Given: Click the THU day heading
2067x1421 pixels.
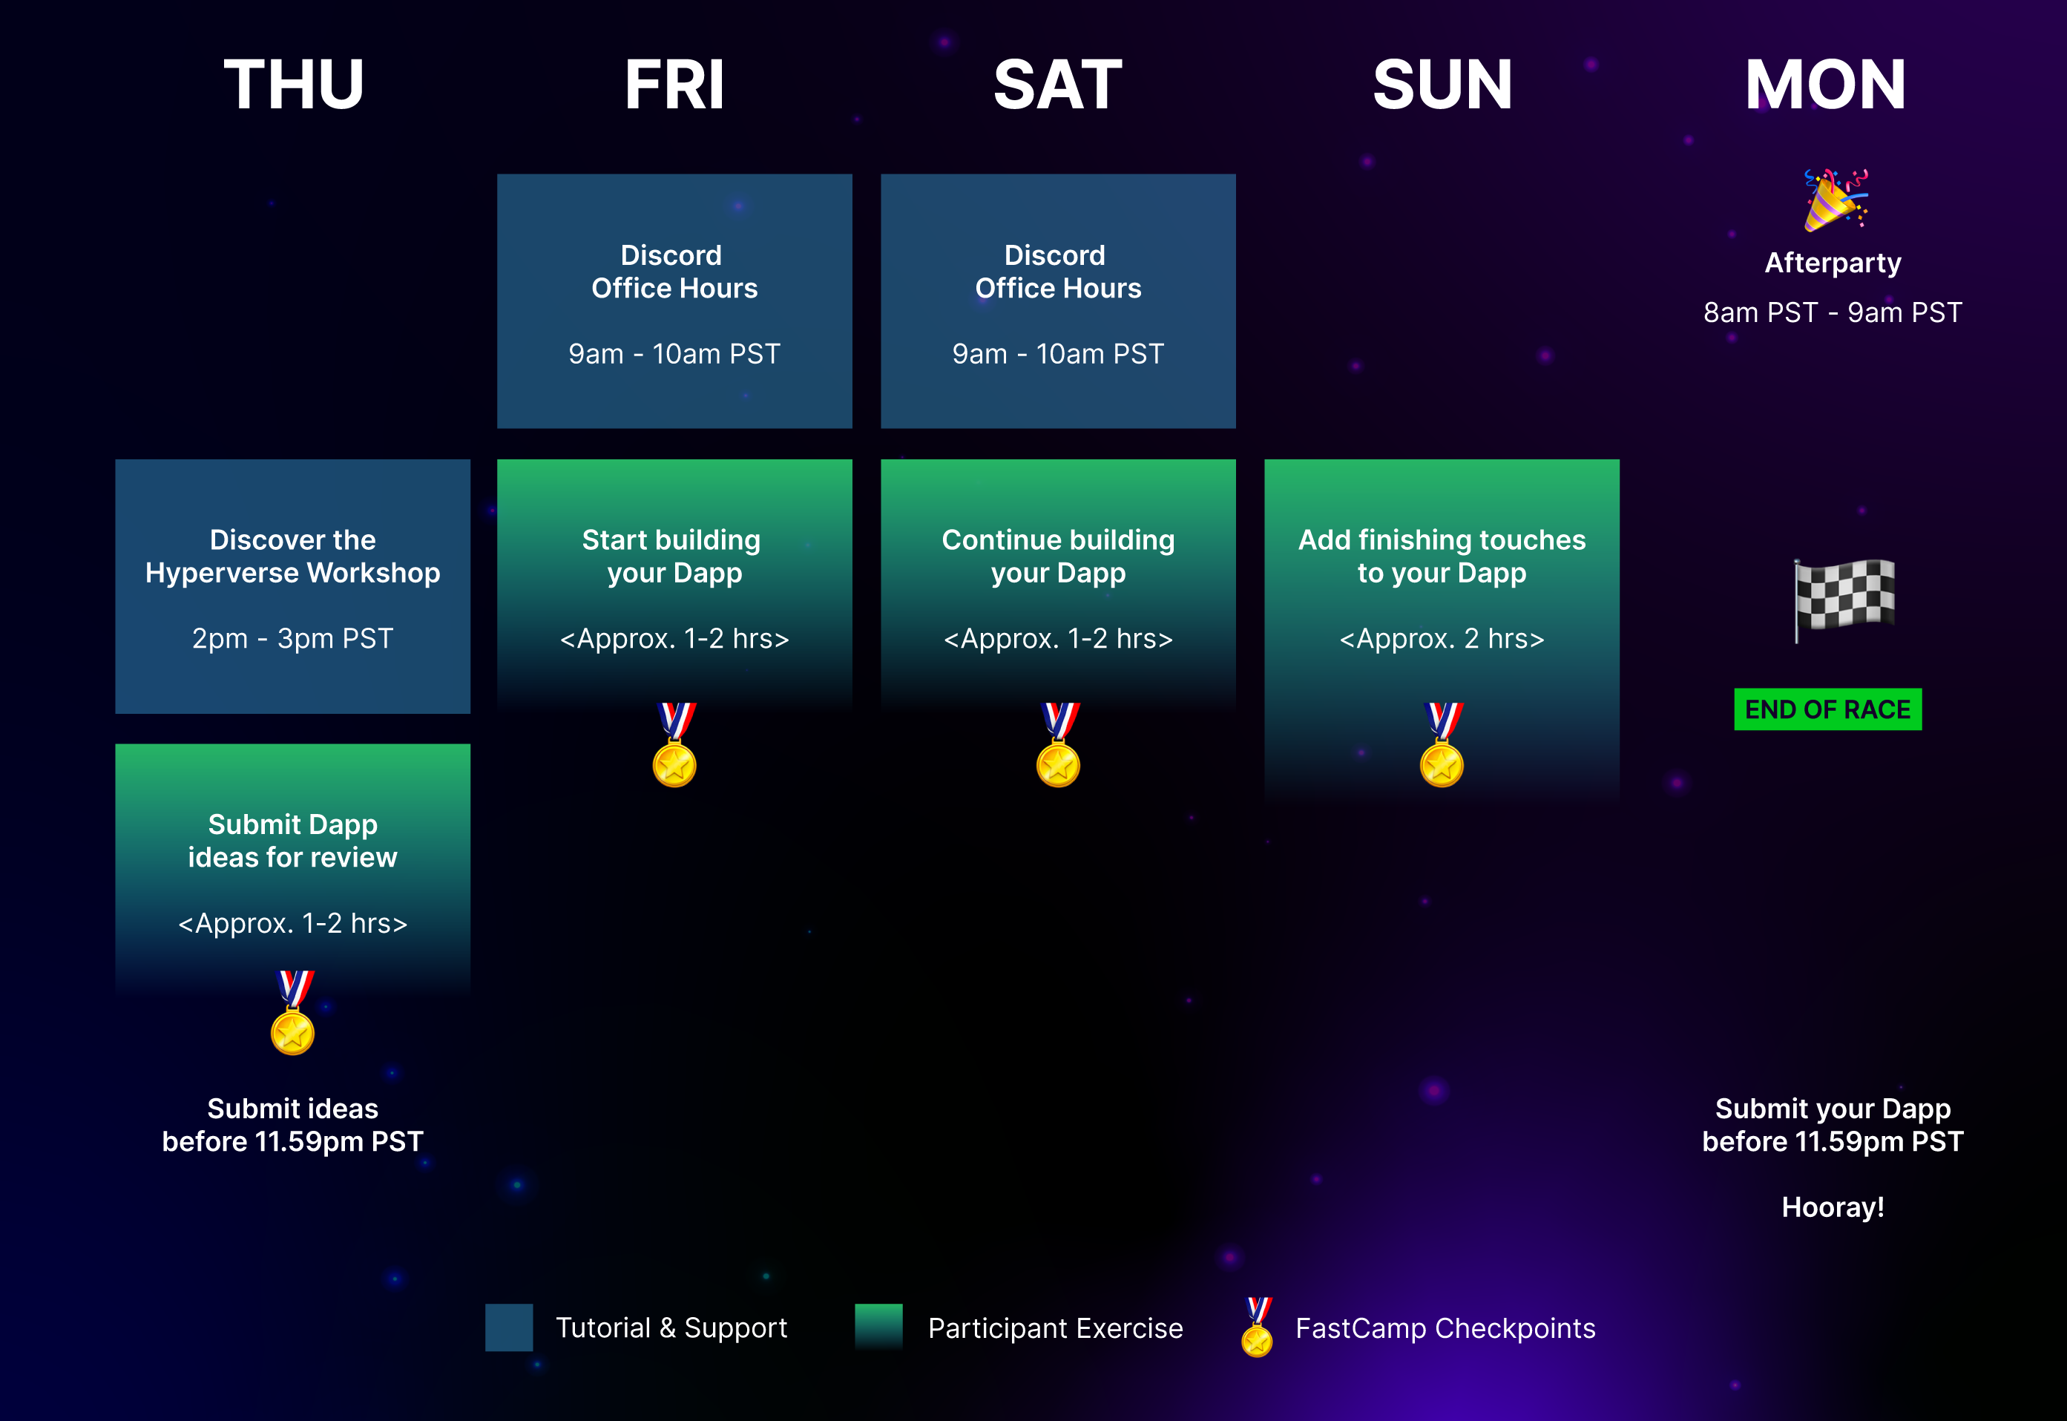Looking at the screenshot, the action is pos(294,85).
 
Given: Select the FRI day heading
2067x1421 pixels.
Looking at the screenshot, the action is pos(674,85).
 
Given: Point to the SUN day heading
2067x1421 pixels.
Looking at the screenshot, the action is pos(1442,85).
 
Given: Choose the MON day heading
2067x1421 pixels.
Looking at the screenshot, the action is pos(1825,85).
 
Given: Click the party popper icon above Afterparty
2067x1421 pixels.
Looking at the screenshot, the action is pos(1836,200).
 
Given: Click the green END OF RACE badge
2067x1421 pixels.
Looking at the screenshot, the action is pos(1827,709).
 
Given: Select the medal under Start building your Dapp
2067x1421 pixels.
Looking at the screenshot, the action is pos(674,744).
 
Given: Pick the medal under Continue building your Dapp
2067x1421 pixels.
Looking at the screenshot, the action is pos(1059,744).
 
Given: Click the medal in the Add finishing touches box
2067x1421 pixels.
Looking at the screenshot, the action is pos(1442,744).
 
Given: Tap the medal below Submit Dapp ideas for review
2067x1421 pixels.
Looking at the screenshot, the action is pos(293,1012).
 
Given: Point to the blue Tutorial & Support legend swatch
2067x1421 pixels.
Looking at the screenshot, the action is pos(509,1328).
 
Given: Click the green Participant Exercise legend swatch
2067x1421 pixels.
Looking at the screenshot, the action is pos(878,1328).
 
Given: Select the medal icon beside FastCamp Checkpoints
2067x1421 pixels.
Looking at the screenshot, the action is pos(1257,1327).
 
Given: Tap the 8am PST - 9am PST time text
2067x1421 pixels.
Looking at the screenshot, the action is pos(1833,312).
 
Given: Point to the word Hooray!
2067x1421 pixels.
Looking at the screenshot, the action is pos(1833,1207).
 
